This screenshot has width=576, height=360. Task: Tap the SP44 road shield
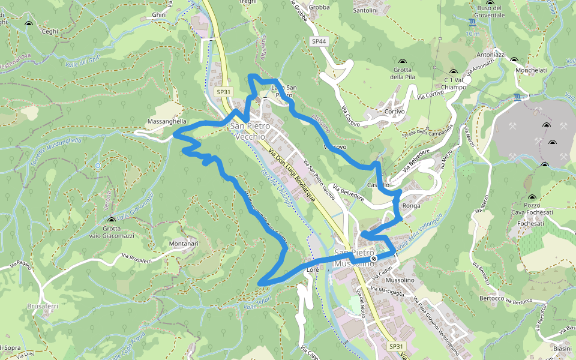coord(319,41)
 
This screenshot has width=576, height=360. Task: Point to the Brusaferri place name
coord(43,306)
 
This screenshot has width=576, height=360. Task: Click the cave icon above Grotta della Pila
coord(403,62)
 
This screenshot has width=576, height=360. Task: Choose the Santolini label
coord(365,10)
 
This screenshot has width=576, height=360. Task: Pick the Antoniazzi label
coord(491,55)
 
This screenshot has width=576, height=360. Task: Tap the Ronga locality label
coord(412,206)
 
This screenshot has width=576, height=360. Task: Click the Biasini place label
coord(562,349)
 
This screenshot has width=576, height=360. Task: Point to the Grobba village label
coord(320,8)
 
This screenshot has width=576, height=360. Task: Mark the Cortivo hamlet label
coord(395,112)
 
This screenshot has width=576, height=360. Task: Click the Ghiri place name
coord(159,15)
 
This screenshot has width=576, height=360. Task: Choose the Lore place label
coord(313,270)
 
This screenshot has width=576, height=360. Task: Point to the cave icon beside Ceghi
coord(28,24)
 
